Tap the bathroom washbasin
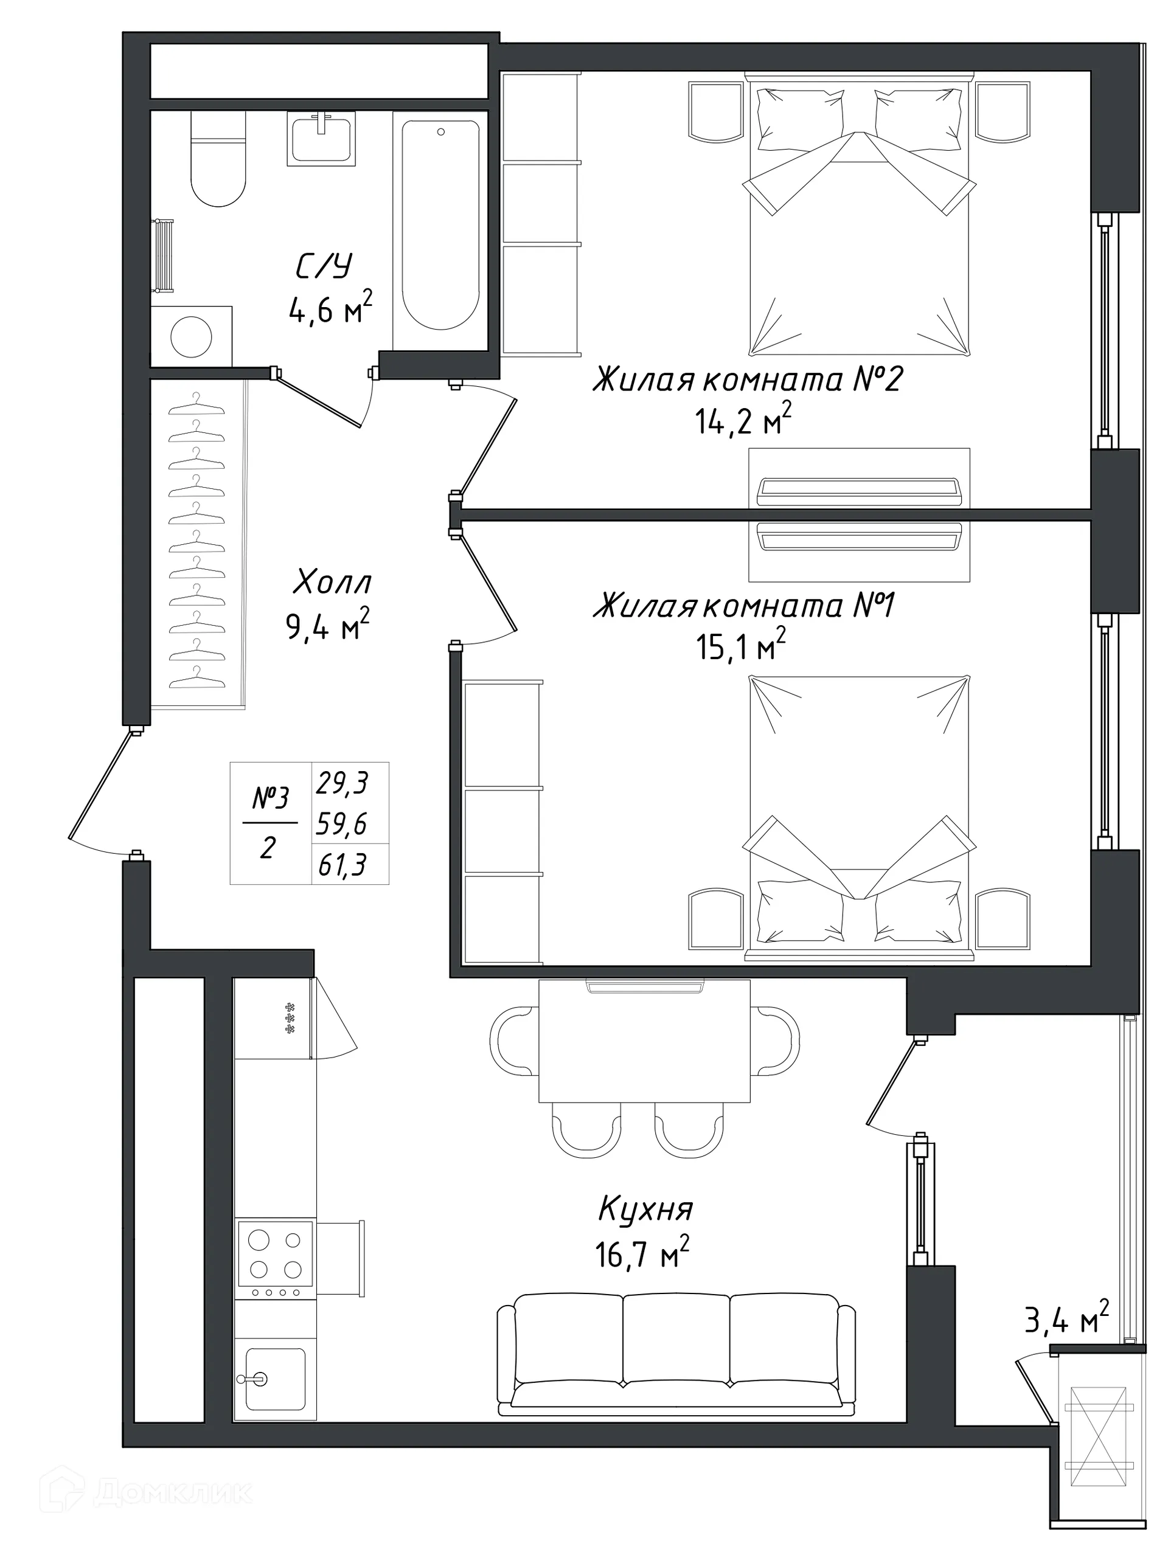[x=321, y=140]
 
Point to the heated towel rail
[x=164, y=255]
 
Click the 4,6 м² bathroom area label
[x=330, y=309]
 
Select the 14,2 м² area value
[x=743, y=421]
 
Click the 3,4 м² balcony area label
[x=1066, y=1320]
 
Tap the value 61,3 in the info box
[x=342, y=866]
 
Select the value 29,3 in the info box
[x=342, y=783]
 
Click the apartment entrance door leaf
[x=99, y=784]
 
